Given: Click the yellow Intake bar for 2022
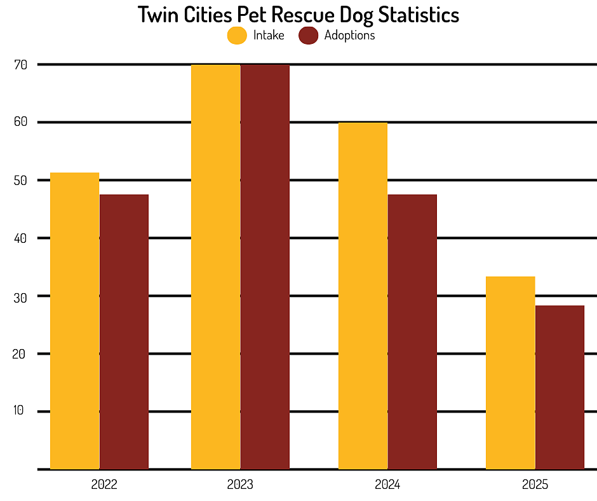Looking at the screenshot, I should [75, 321].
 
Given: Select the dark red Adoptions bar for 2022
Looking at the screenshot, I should [124, 332].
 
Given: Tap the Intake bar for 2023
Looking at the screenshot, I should [216, 267].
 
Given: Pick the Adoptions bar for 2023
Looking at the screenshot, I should [265, 267].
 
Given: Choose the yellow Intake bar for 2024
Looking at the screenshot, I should [363, 296].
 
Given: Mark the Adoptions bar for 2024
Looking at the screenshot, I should [412, 332].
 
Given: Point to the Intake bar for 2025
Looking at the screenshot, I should [510, 373].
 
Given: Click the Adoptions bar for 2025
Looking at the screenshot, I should [560, 387].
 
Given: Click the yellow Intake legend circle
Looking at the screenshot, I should [237, 36].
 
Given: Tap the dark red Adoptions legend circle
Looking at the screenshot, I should [309, 36].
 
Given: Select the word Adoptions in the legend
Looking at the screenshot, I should [349, 36].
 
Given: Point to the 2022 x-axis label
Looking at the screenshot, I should [104, 485].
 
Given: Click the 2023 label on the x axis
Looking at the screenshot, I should [240, 485].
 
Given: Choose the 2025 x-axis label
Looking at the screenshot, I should [535, 485].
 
